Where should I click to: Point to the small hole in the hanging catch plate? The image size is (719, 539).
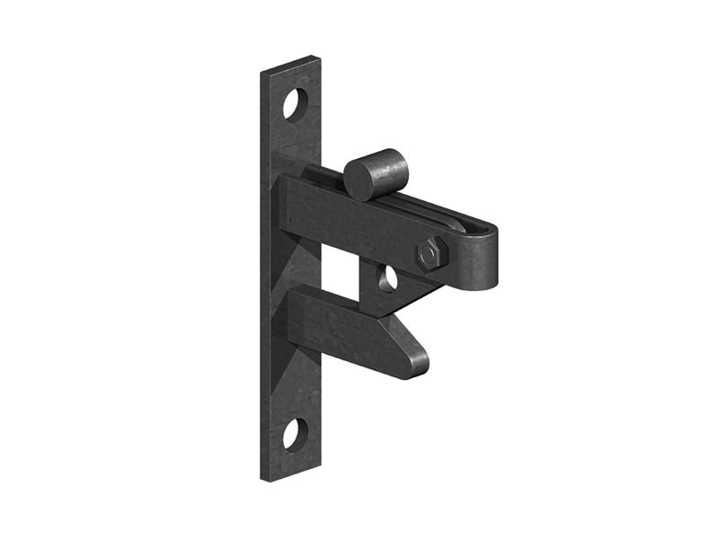pos(387,278)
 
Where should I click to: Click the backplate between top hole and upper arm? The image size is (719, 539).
pos(295,148)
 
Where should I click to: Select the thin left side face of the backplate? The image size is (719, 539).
pos(267,269)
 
